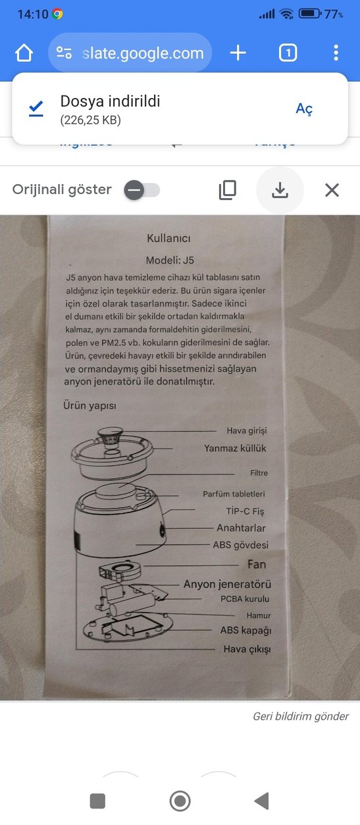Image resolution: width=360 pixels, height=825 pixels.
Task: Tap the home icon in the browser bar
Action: click(x=24, y=53)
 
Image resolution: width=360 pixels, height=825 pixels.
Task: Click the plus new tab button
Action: click(x=238, y=53)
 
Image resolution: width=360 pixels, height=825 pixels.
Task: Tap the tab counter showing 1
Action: click(x=288, y=53)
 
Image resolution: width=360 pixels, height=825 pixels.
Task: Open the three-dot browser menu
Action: click(x=336, y=53)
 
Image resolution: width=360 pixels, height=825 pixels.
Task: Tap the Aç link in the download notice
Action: click(x=304, y=109)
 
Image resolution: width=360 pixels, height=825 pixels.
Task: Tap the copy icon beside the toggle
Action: click(x=227, y=190)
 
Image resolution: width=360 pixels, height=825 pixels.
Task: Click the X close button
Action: click(x=332, y=190)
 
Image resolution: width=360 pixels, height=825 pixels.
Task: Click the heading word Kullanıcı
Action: click(x=168, y=238)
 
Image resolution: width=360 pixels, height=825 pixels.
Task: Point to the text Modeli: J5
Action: click(x=169, y=259)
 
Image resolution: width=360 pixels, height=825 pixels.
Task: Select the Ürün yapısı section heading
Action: click(x=90, y=406)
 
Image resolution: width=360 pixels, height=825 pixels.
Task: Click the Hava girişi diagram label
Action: click(x=246, y=430)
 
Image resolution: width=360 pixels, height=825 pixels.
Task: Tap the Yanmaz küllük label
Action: click(x=235, y=448)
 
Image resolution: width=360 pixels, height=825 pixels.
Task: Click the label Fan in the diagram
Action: click(x=257, y=564)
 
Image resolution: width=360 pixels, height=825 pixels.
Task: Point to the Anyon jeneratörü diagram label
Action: click(x=227, y=584)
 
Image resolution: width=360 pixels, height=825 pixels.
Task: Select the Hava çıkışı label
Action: click(x=246, y=649)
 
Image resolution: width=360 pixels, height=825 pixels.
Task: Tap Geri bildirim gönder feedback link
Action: click(x=301, y=716)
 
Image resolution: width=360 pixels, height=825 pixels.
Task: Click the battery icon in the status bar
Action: click(x=310, y=14)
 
